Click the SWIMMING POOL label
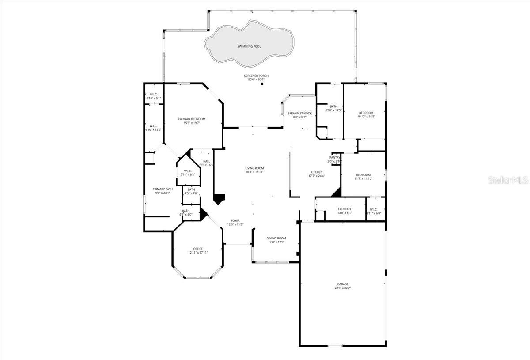249,46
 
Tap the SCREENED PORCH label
256,76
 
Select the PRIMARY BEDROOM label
192,119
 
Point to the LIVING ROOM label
254,168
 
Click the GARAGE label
343,284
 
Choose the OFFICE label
198,249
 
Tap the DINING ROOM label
276,238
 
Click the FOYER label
235,220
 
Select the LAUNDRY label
344,209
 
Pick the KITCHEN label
316,172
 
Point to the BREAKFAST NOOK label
300,113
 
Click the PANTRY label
334,157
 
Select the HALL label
206,161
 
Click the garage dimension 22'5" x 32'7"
343,288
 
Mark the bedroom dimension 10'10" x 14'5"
366,117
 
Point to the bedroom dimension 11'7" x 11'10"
363,178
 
